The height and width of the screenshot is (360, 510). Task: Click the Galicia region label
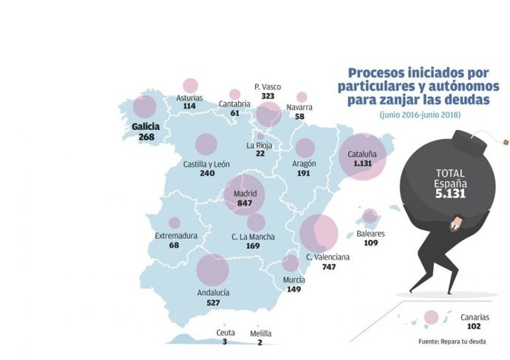pyautogui.click(x=146, y=126)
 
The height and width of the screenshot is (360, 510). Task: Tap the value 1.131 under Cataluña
pyautogui.click(x=362, y=163)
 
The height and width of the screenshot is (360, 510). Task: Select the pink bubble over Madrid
pyautogui.click(x=245, y=194)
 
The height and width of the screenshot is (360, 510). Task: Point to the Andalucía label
pyautogui.click(x=213, y=293)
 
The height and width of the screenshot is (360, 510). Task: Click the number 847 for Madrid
pyautogui.click(x=245, y=203)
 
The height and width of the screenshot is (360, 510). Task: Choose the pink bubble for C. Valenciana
pyautogui.click(x=319, y=233)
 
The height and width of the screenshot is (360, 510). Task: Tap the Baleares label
pyautogui.click(x=370, y=233)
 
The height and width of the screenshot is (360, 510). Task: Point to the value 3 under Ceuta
pyautogui.click(x=225, y=342)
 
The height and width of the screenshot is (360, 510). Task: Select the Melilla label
pyautogui.click(x=260, y=333)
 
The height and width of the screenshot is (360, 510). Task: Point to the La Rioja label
pyautogui.click(x=260, y=144)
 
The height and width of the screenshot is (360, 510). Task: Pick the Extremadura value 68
pyautogui.click(x=174, y=245)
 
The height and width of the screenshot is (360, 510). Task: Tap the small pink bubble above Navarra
pyautogui.click(x=302, y=97)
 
